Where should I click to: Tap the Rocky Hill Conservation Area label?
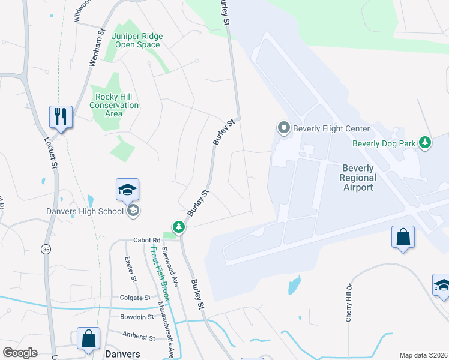click(114, 105)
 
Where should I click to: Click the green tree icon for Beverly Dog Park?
click(425, 143)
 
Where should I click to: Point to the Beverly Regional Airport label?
click(358, 178)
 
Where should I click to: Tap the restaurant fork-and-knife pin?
click(61, 116)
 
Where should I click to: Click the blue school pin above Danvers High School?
click(127, 190)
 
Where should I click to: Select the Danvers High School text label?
click(85, 211)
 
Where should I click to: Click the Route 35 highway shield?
click(46, 248)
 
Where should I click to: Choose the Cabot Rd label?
click(147, 239)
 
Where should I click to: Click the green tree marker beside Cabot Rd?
click(178, 227)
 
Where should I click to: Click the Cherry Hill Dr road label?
click(348, 303)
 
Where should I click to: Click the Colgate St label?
click(135, 297)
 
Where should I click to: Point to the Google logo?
click(20, 352)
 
